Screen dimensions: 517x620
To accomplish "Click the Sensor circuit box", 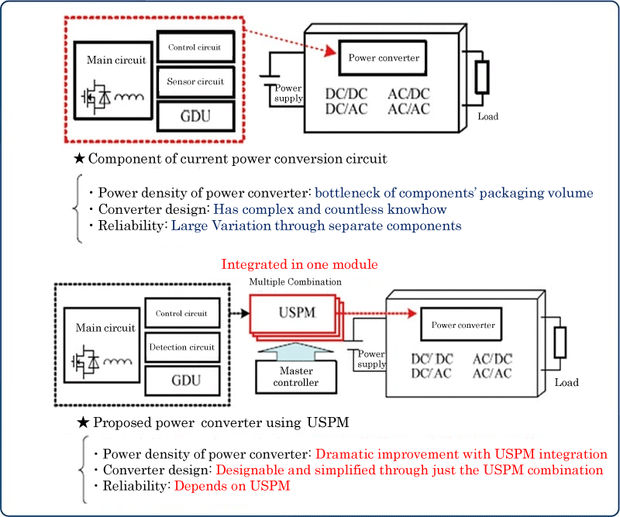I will [195, 81].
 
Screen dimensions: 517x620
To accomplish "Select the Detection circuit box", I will [181, 347].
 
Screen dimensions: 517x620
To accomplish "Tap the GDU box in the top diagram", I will [195, 116].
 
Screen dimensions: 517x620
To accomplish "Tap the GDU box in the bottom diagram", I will [181, 380].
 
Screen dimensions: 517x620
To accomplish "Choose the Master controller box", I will [298, 377].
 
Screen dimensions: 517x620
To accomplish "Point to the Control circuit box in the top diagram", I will [195, 47].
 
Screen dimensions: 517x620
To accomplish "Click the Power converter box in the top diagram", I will [384, 58].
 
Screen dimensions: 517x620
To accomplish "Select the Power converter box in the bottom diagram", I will [463, 325].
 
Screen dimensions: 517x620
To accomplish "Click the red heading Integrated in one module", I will [299, 264].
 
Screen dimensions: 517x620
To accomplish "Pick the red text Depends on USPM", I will [232, 486].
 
